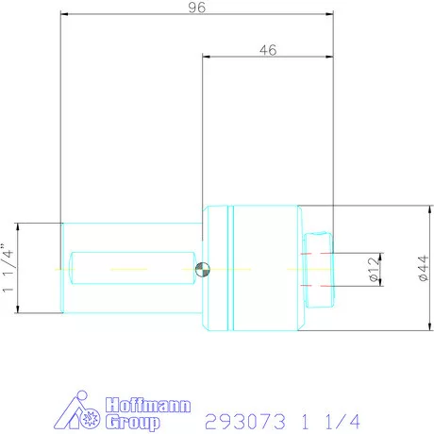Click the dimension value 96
[x=196, y=8]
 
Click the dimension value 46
[x=267, y=51]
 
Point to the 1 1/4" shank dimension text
[x=9, y=268]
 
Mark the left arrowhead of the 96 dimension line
[x=64, y=13]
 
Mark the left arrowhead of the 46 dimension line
[x=207, y=57]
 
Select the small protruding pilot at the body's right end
[x=321, y=268]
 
